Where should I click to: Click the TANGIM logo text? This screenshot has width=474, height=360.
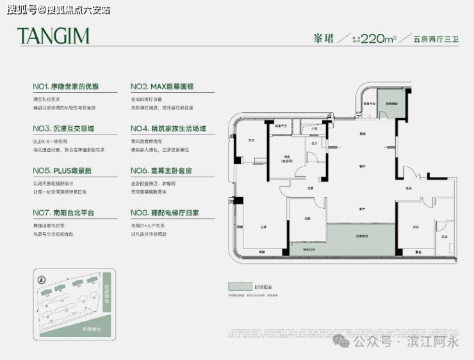pos(53,36)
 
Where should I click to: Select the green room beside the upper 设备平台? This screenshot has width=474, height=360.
pos(391,104)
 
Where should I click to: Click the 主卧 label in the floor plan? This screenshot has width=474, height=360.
pos(263,227)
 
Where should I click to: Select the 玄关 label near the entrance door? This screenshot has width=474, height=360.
pos(408,188)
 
